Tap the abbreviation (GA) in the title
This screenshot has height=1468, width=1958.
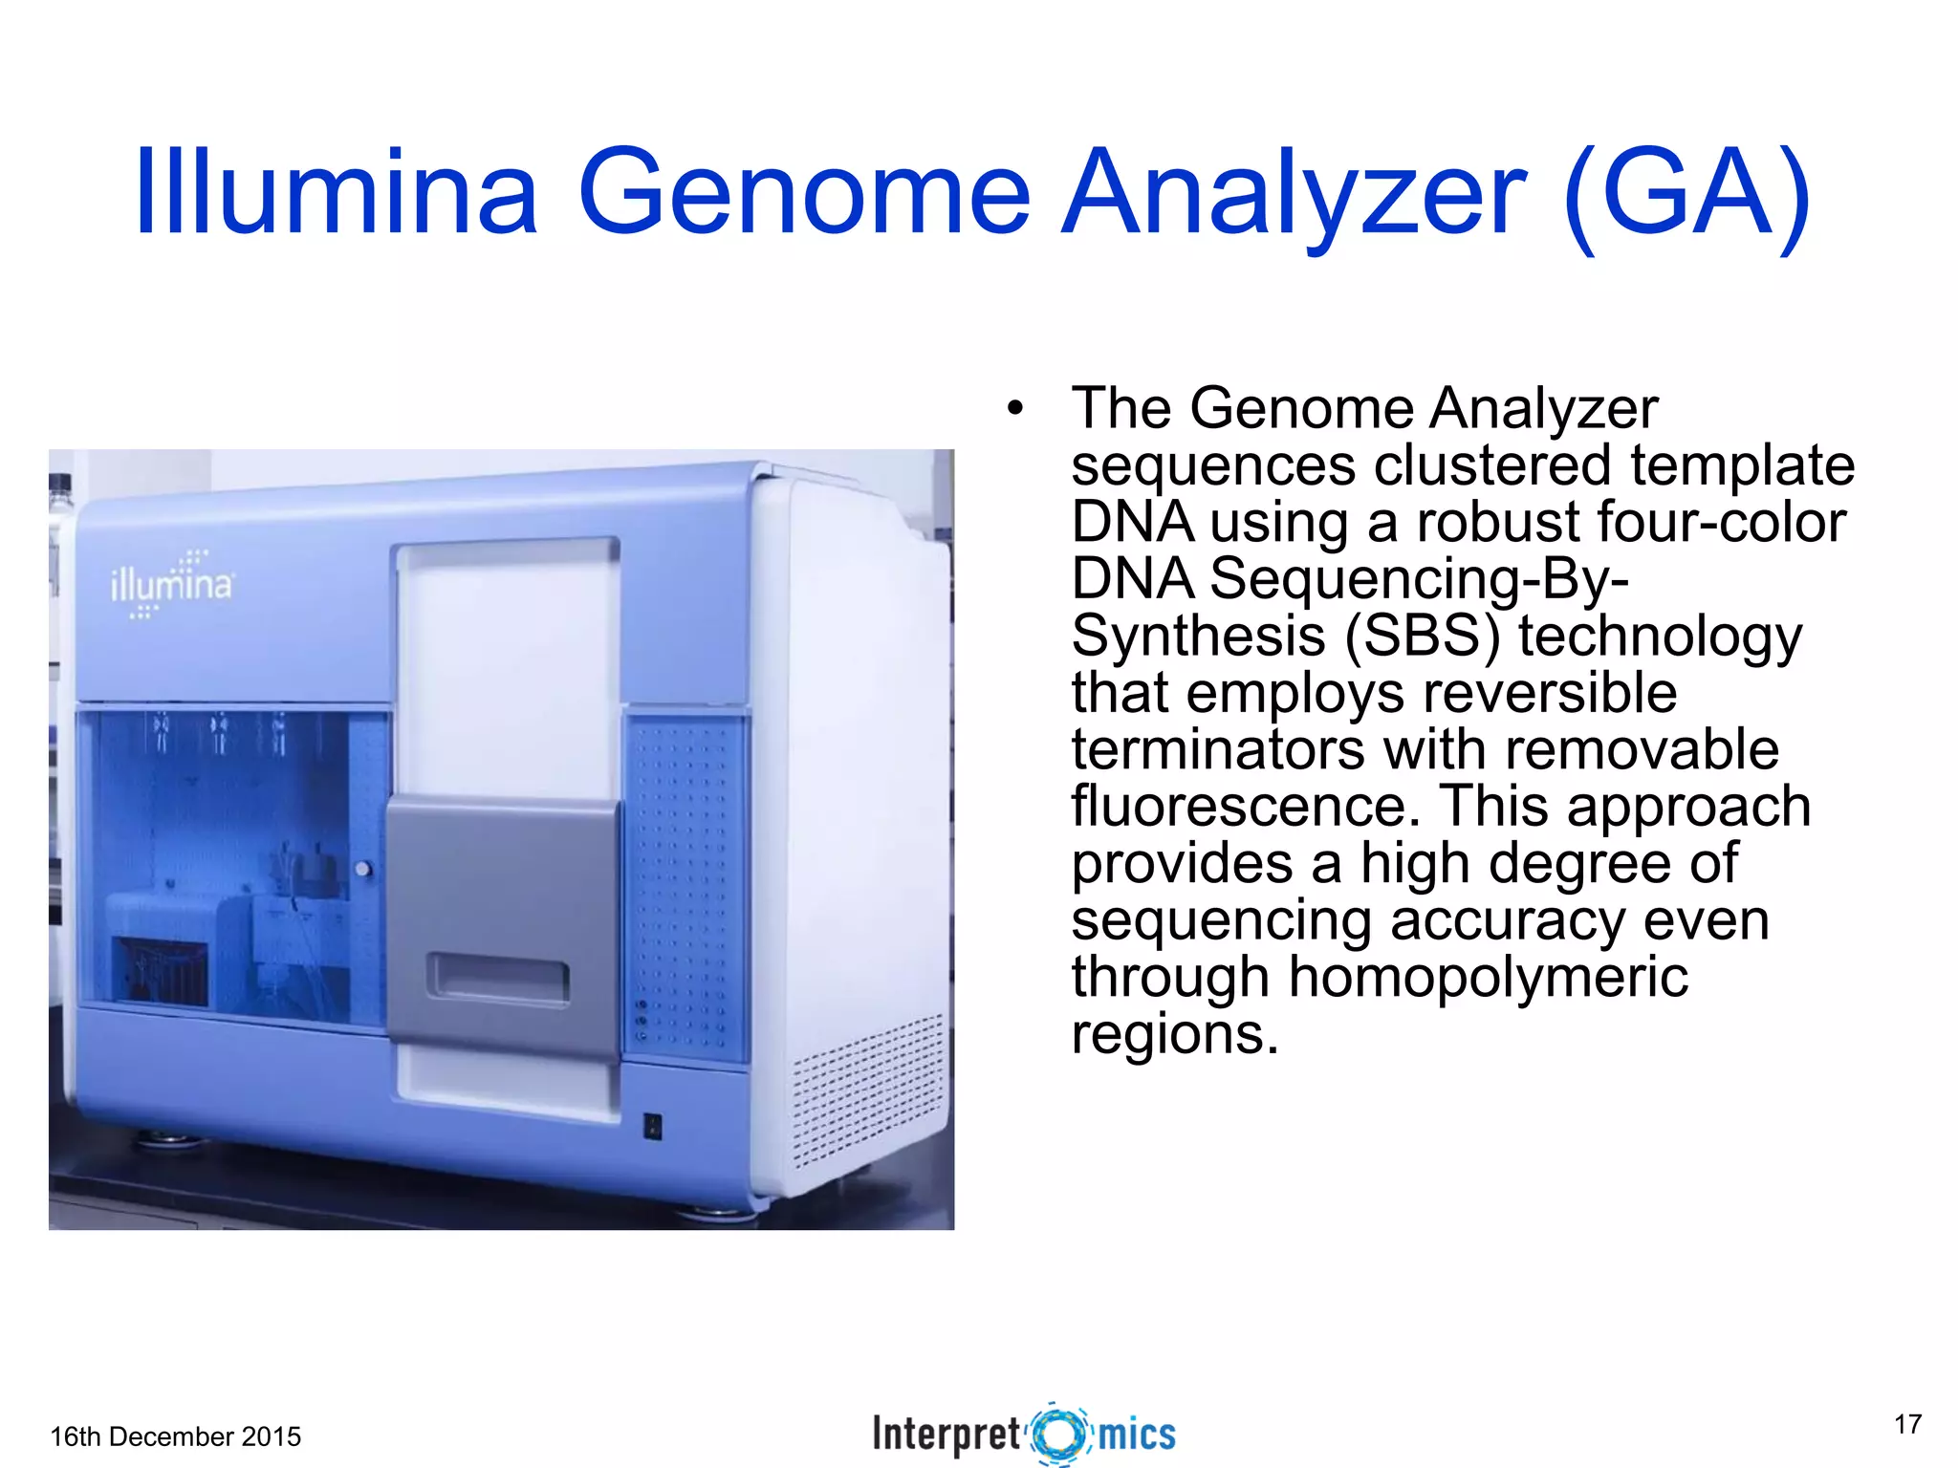[1687, 194]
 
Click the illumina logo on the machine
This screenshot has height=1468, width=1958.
[172, 584]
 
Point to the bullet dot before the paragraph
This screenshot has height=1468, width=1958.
[1014, 410]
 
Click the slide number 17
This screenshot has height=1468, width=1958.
[1907, 1424]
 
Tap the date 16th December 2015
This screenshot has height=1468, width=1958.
[175, 1436]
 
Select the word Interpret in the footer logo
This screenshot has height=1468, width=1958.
[946, 1435]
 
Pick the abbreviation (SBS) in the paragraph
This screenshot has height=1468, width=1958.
[1423, 636]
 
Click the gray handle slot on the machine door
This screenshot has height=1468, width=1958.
[498, 980]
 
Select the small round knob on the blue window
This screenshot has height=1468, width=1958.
[363, 869]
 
